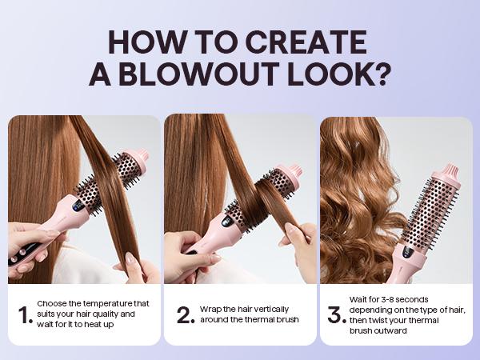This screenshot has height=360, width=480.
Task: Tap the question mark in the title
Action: (382, 74)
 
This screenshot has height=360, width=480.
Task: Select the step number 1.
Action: (25, 315)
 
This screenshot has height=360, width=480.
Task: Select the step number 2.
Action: (186, 315)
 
